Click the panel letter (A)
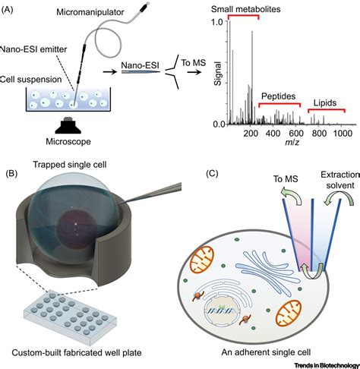(11, 9)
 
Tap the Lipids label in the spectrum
(324, 102)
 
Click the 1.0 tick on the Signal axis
(219, 21)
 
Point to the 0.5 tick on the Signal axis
(219, 73)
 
